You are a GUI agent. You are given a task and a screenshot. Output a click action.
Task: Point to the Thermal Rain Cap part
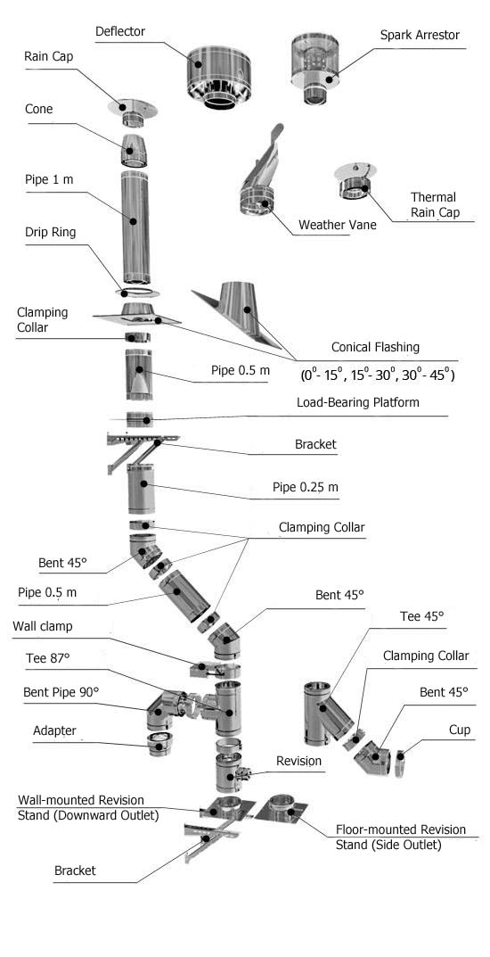[355, 181]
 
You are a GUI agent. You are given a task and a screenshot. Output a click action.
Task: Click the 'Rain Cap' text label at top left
[48, 57]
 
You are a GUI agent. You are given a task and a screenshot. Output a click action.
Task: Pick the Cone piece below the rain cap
[134, 151]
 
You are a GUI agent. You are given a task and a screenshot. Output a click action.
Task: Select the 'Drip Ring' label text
[51, 233]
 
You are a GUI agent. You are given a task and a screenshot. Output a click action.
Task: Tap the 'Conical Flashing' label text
[375, 347]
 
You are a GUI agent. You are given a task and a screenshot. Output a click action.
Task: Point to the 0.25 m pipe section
[142, 489]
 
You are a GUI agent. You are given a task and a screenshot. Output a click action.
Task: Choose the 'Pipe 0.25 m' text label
[305, 487]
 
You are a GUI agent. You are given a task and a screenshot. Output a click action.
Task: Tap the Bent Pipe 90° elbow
[165, 711]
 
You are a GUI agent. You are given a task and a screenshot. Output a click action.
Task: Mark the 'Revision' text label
[298, 761]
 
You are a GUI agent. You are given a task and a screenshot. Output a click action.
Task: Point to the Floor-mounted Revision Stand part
[281, 808]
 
